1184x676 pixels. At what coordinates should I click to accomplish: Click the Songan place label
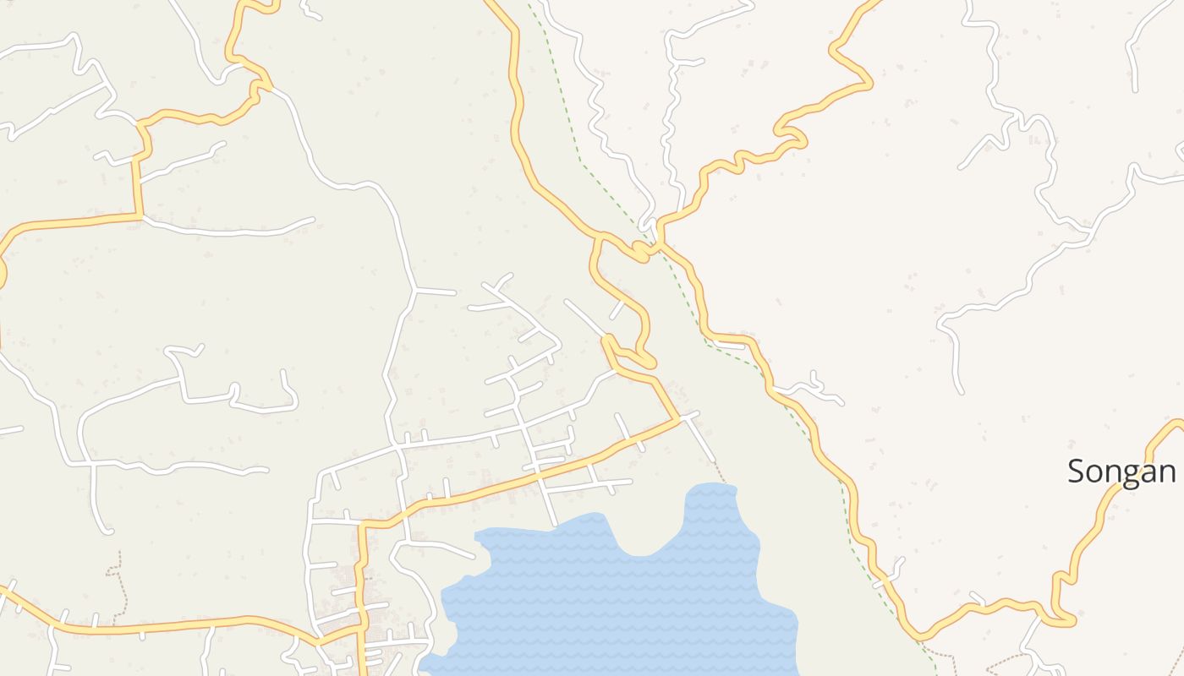(x=1121, y=472)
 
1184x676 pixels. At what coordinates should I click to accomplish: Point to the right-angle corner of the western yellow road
(x=137, y=216)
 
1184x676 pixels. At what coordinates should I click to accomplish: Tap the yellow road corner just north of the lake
(x=677, y=417)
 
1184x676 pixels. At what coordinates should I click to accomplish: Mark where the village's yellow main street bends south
(x=364, y=526)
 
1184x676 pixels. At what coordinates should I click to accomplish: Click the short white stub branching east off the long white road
(x=436, y=292)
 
